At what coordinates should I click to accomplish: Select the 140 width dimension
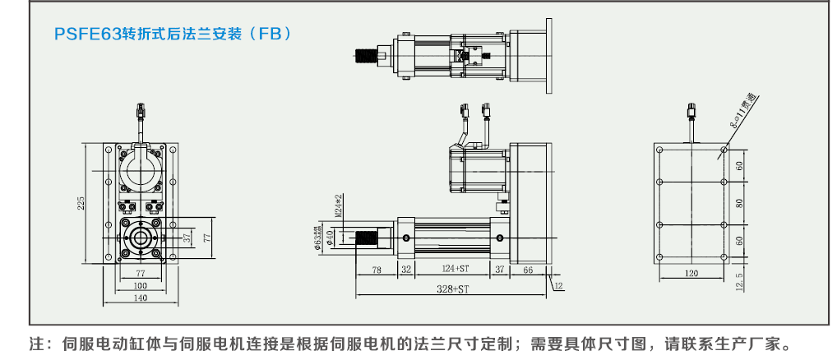(140, 298)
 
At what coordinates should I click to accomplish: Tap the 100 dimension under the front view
(140, 284)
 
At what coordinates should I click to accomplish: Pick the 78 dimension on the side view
(377, 269)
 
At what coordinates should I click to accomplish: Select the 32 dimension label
(405, 269)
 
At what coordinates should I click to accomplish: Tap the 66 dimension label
(528, 269)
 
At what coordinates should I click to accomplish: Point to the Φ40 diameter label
(330, 238)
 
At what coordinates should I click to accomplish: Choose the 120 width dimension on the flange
(691, 273)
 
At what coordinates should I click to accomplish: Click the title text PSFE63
(87, 35)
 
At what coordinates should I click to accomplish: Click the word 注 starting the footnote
(36, 343)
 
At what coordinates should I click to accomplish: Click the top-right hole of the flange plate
(723, 150)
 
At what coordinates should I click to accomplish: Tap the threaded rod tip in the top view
(363, 58)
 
